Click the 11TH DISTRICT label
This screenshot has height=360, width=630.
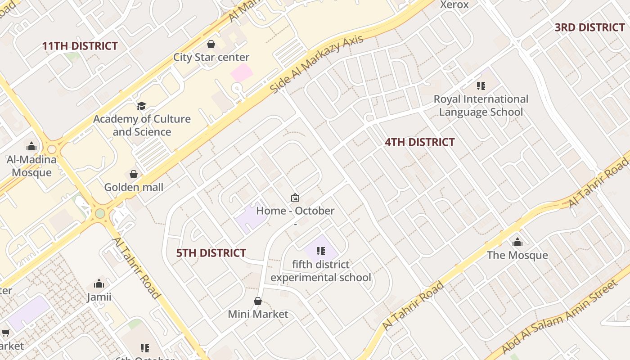[80, 46]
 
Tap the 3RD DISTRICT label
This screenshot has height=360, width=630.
[589, 27]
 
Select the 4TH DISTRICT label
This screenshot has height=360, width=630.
[419, 142]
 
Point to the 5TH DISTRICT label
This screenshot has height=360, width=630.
[211, 253]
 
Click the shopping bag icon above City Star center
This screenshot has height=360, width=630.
[211, 44]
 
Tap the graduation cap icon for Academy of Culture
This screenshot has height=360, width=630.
[142, 106]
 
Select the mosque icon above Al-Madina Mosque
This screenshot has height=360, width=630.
[31, 146]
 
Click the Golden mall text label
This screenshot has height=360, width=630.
[134, 187]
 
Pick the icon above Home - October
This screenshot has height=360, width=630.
[295, 198]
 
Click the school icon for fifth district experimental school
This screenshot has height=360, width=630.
[321, 251]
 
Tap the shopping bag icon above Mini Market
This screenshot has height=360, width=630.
[258, 301]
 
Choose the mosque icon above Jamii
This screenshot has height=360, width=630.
[99, 283]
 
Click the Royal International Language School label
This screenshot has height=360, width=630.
[481, 105]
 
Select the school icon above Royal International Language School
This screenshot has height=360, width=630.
[481, 85]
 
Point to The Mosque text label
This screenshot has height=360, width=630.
[517, 255]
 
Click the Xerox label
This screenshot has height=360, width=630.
[454, 5]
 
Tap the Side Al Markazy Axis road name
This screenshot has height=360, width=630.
[316, 64]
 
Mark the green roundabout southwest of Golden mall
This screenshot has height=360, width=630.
[100, 213]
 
